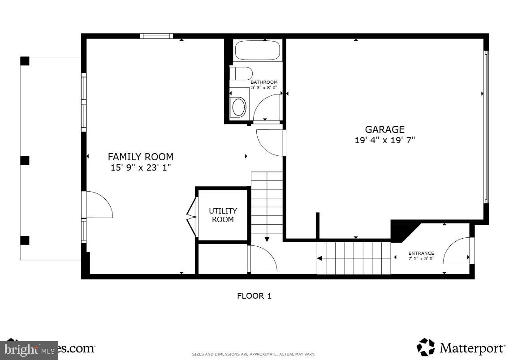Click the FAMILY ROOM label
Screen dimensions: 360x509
point(140,157)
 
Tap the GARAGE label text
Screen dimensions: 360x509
point(384,129)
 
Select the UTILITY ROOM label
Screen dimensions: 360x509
point(223,215)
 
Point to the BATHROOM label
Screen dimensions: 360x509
point(264,82)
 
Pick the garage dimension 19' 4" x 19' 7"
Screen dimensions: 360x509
point(384,140)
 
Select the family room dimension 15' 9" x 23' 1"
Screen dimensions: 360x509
point(141,168)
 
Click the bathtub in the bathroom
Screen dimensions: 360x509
point(257,51)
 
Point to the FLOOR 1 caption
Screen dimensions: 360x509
point(254,296)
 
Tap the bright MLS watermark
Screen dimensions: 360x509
point(29,349)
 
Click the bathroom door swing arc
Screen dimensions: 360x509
point(267,108)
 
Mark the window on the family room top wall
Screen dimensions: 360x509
point(156,36)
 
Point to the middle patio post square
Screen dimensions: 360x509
point(25,160)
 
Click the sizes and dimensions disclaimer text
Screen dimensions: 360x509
point(253,354)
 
